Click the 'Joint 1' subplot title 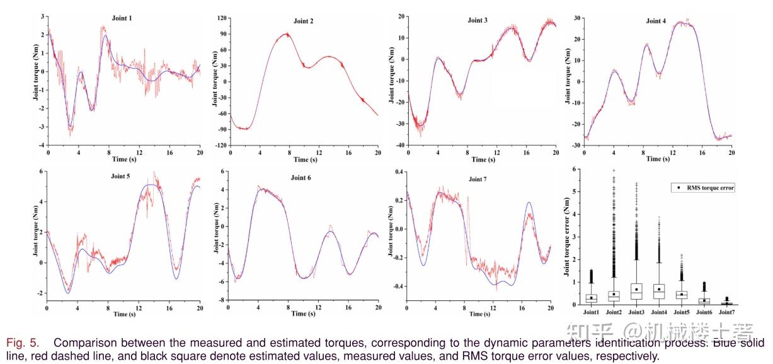pyautogui.click(x=122, y=18)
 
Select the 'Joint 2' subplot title pyautogui.click(x=304, y=21)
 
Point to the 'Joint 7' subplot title pyautogui.click(x=480, y=179)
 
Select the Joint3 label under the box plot pyautogui.click(x=636, y=312)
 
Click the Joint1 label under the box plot pyautogui.click(x=591, y=312)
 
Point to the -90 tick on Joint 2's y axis pyautogui.click(x=220, y=128)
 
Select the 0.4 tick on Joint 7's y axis pyautogui.click(x=398, y=171)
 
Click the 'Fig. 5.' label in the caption pyautogui.click(x=23, y=343)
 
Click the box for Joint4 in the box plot pyautogui.click(x=659, y=291)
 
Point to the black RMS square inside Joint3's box pyautogui.click(x=636, y=290)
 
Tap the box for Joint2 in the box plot pyautogui.click(x=614, y=295)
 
